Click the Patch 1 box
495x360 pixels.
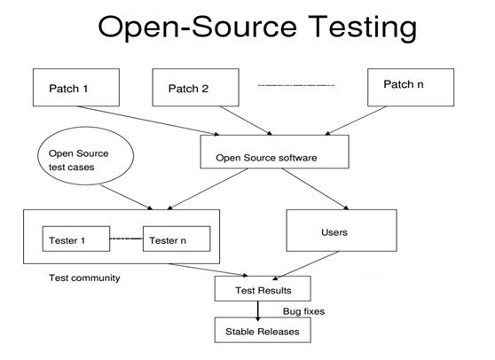pyautogui.click(x=76, y=88)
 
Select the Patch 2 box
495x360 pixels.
pyautogui.click(x=196, y=88)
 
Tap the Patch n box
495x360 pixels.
pyautogui.click(x=411, y=88)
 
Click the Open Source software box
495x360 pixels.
pyautogui.click(x=275, y=152)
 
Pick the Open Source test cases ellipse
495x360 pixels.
pyautogui.click(x=85, y=155)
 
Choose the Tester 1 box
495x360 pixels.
pyautogui.click(x=76, y=239)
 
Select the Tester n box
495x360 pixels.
pyautogui.click(x=177, y=239)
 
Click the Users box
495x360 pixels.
pyautogui.click(x=342, y=231)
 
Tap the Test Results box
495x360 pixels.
pyautogui.click(x=263, y=288)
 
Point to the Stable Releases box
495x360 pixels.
pyautogui.click(x=263, y=330)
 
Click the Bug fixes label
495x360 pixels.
pyautogui.click(x=303, y=311)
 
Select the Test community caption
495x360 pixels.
pyautogui.click(x=84, y=278)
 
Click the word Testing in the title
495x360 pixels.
pyautogui.click(x=363, y=27)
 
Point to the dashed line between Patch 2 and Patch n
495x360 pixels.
pyautogui.click(x=296, y=85)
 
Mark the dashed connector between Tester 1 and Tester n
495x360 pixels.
pyautogui.click(x=126, y=239)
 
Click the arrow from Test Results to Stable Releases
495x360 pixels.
pyautogui.click(x=258, y=311)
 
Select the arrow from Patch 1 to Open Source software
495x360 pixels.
pyautogui.click(x=148, y=121)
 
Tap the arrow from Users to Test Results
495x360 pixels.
pyautogui.click(x=305, y=266)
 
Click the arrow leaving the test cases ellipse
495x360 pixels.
pyautogui.click(x=127, y=197)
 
